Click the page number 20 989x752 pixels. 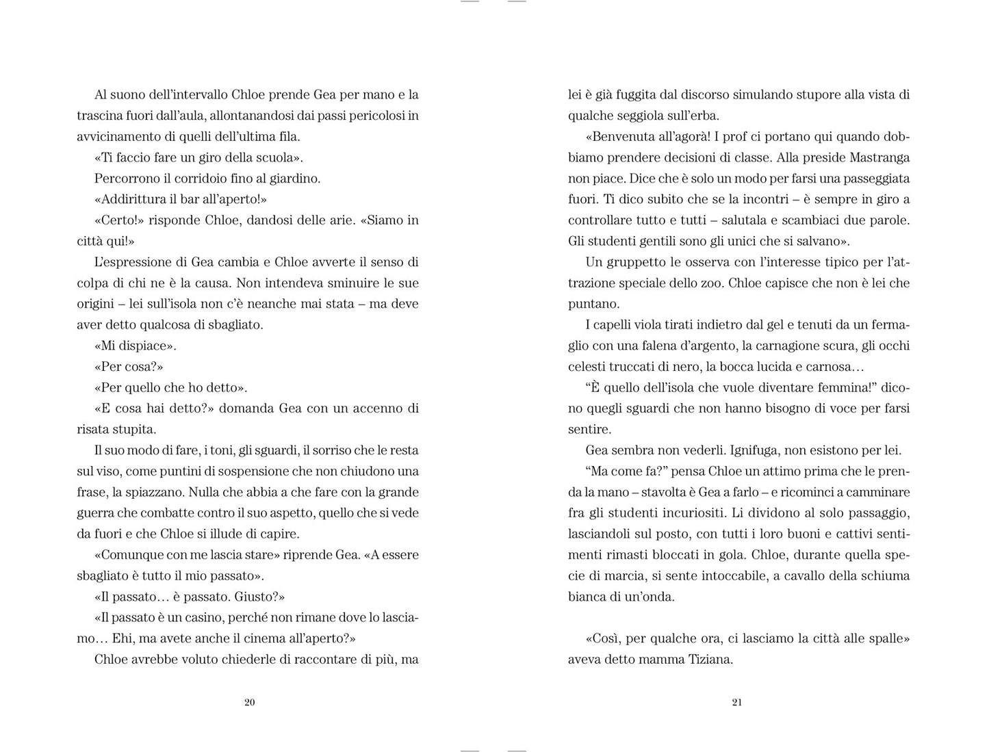click(x=250, y=702)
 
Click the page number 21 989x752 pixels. click(x=737, y=702)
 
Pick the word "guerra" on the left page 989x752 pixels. click(x=97, y=513)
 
